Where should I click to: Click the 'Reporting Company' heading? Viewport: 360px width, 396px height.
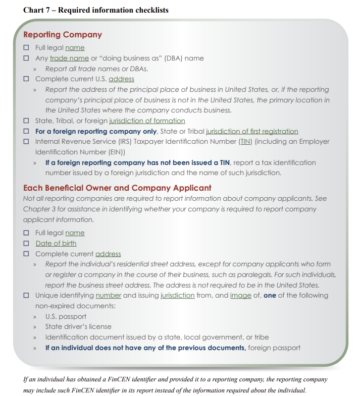(x=63, y=35)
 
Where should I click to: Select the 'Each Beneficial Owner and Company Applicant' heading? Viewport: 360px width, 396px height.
(x=117, y=188)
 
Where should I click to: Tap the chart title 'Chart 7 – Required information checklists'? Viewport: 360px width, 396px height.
(x=96, y=10)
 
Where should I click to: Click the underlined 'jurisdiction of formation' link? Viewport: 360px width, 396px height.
(x=147, y=121)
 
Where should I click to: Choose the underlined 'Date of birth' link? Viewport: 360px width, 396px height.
(x=56, y=244)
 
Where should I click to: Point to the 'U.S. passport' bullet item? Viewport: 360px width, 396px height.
(x=66, y=316)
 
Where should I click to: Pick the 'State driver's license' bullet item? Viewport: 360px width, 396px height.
(x=78, y=327)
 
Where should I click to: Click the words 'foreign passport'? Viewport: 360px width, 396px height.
(x=275, y=348)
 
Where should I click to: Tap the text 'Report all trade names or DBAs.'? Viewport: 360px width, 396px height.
(x=96, y=69)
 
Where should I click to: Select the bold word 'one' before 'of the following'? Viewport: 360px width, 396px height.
(x=270, y=296)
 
